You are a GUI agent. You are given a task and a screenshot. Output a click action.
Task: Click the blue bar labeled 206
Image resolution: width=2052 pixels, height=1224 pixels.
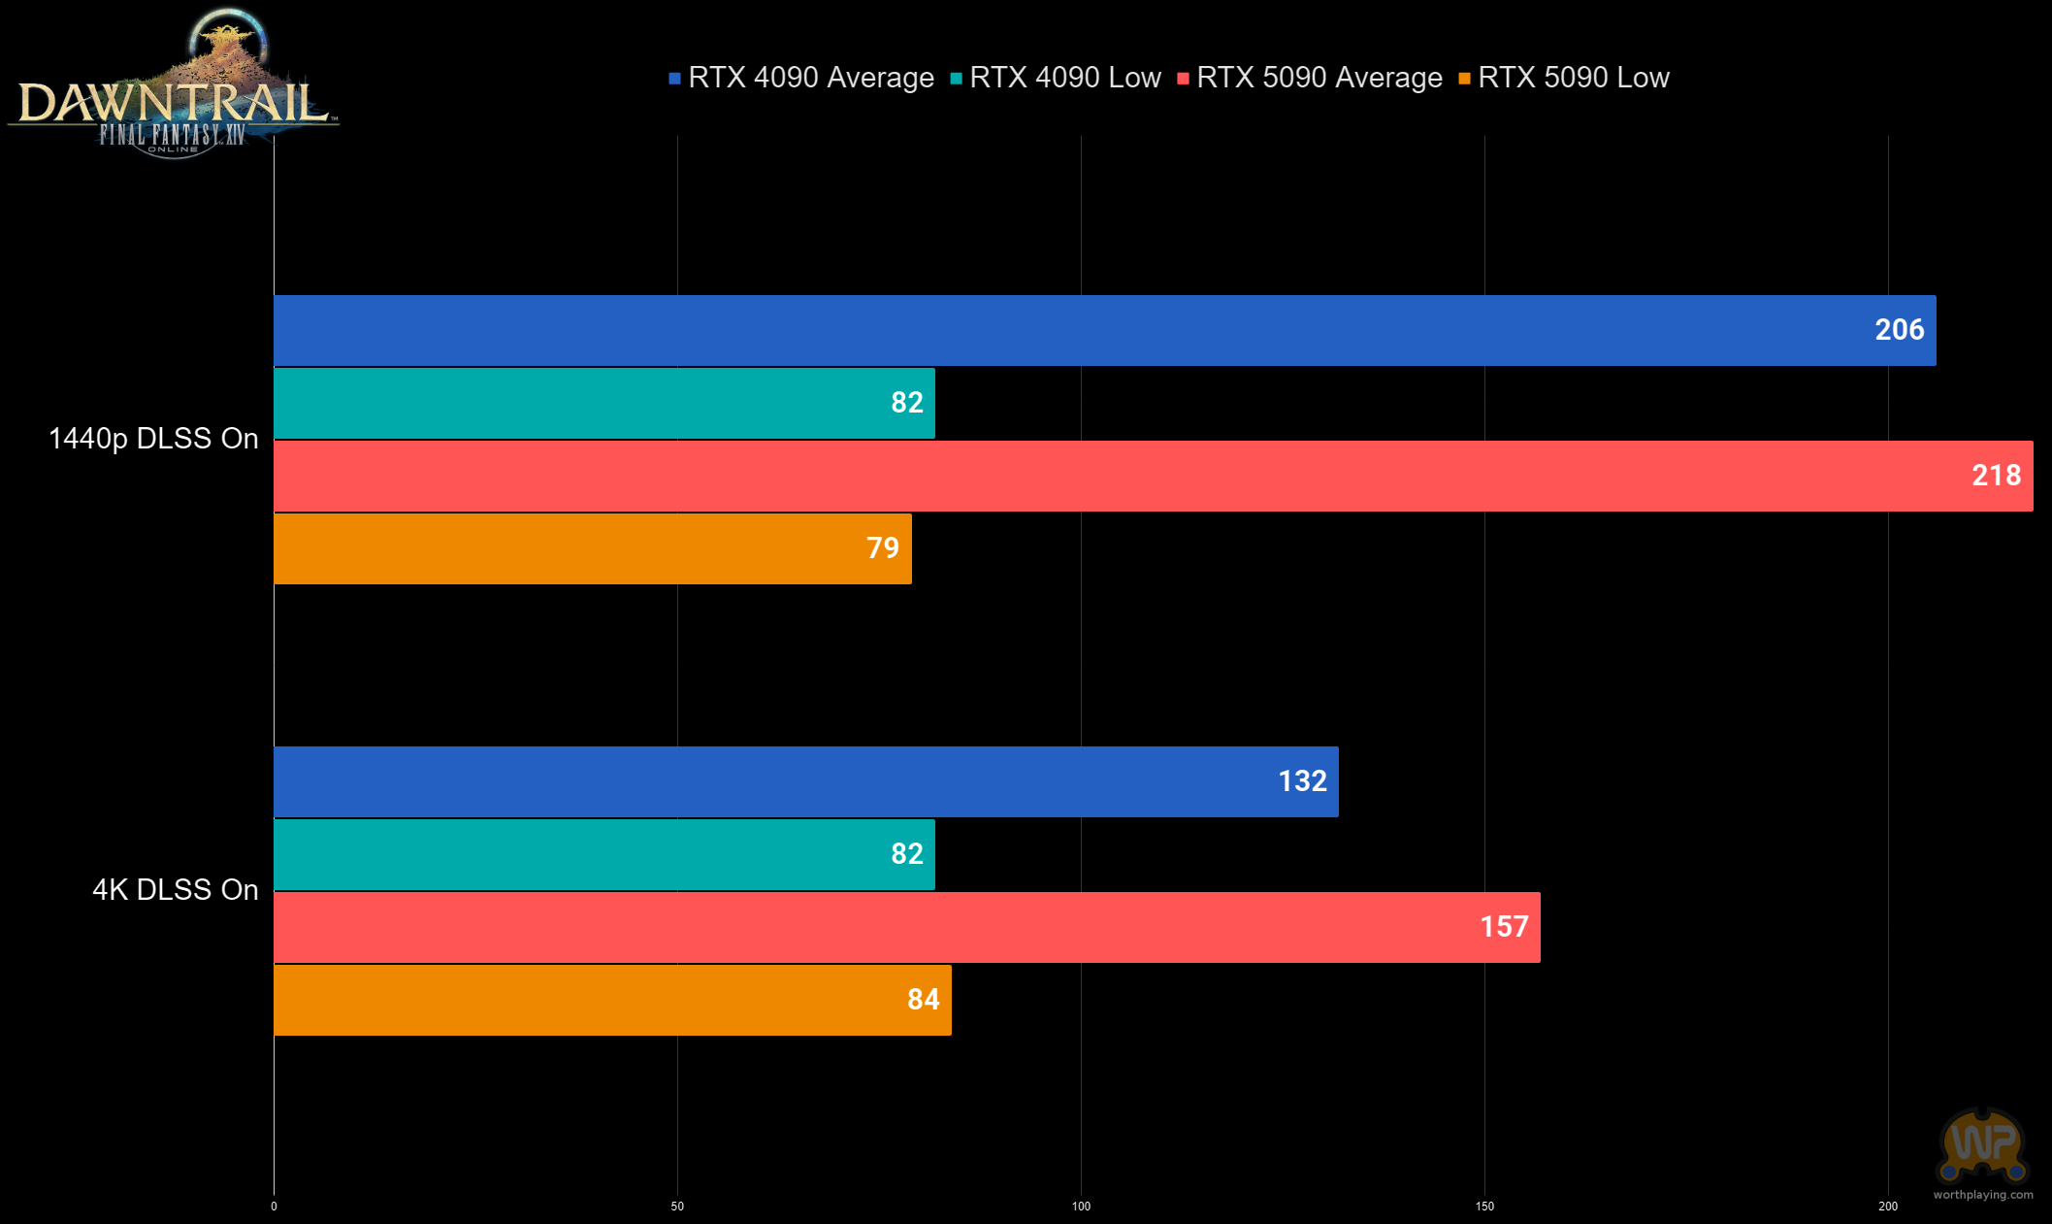click(1105, 330)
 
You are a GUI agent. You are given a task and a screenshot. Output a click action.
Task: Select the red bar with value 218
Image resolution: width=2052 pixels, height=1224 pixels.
click(1154, 476)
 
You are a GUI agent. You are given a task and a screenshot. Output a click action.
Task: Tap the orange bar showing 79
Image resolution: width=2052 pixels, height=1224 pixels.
click(593, 548)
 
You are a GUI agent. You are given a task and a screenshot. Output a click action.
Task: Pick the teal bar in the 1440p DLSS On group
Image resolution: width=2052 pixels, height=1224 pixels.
click(604, 403)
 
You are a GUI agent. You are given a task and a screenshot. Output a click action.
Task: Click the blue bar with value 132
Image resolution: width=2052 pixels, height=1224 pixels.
click(806, 781)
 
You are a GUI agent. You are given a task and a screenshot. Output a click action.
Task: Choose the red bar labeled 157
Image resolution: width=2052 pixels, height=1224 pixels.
click(907, 927)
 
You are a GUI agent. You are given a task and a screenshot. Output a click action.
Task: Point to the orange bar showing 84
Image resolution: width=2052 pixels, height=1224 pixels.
click(612, 1000)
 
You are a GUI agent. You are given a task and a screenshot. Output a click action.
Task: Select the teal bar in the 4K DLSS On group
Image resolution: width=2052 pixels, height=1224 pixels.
click(604, 854)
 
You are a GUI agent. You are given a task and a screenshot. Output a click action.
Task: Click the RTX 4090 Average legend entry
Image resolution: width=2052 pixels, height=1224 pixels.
click(801, 78)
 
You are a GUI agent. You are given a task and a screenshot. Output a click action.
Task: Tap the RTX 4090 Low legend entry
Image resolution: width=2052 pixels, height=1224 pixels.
click(1056, 78)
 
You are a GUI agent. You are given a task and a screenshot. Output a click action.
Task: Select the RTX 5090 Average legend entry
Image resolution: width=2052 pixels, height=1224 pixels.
click(1310, 78)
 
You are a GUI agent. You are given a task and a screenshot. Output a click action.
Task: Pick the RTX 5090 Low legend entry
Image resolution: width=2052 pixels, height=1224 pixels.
click(1564, 78)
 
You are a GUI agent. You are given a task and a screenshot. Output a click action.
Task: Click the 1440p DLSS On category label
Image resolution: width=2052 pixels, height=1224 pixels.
click(153, 439)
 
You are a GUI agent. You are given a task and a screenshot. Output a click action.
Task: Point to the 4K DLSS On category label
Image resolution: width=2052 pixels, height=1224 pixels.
click(176, 890)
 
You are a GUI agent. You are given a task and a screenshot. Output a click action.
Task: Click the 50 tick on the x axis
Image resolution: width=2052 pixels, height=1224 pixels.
click(677, 1207)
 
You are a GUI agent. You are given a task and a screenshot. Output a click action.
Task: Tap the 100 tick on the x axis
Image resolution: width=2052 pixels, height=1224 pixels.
click(1081, 1207)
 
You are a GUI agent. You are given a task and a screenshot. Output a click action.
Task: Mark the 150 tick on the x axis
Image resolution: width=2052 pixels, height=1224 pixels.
click(1484, 1207)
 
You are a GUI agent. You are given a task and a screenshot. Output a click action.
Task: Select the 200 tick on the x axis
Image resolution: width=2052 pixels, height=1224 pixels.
click(1888, 1207)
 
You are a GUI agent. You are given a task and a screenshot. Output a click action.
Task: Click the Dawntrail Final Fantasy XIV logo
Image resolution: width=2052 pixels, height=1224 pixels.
click(174, 83)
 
